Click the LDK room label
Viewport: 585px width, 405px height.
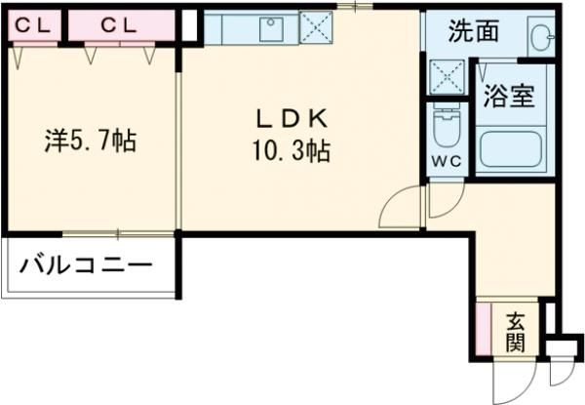pyautogui.click(x=292, y=120)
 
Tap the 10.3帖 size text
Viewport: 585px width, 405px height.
pyautogui.click(x=292, y=152)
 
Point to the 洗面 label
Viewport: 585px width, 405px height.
pyautogui.click(x=474, y=32)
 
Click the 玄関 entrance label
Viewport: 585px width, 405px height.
pyautogui.click(x=516, y=333)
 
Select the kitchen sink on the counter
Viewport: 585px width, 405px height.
pyautogui.click(x=270, y=29)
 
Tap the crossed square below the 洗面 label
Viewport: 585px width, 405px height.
pyautogui.click(x=449, y=74)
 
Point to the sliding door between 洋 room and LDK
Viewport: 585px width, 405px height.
pyautogui.click(x=178, y=137)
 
